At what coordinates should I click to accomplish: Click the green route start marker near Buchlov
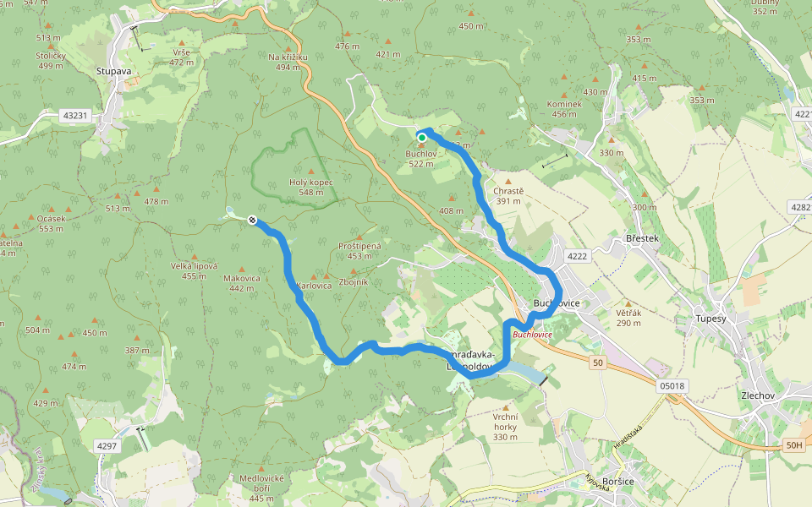click(421, 138)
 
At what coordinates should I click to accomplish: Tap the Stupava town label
click(113, 72)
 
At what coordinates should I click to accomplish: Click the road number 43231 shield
click(74, 115)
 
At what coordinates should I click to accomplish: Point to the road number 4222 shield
click(577, 256)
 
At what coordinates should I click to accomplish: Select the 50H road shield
click(793, 445)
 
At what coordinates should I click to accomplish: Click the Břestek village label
click(642, 239)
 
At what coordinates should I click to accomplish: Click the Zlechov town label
click(758, 395)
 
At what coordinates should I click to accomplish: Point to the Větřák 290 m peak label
click(628, 318)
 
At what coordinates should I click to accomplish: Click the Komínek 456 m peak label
click(565, 109)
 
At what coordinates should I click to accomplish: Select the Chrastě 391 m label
click(508, 195)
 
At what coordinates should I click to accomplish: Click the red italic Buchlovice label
click(532, 335)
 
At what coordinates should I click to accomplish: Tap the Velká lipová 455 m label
click(194, 270)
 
